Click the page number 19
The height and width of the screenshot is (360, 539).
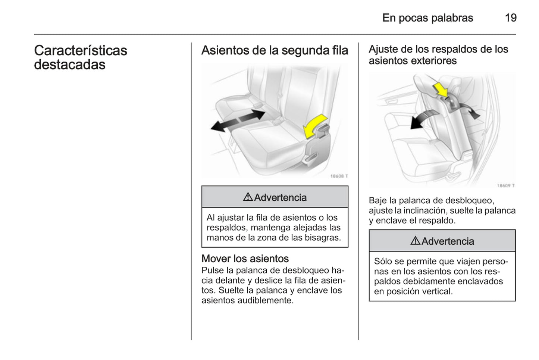(x=510, y=18)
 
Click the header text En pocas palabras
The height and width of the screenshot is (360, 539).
(x=427, y=18)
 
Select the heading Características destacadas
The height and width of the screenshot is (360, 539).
(x=81, y=57)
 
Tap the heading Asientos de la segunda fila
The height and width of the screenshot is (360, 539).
(x=275, y=50)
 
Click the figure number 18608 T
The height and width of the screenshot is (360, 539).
(x=339, y=176)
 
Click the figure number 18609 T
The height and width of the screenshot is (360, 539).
(x=505, y=185)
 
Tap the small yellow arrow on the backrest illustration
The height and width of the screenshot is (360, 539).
(x=440, y=90)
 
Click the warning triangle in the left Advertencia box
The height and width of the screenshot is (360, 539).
(x=248, y=197)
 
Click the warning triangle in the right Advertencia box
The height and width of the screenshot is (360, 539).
(x=415, y=241)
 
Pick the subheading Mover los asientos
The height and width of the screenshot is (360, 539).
(x=245, y=259)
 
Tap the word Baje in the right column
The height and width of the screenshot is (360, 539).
(x=377, y=200)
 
